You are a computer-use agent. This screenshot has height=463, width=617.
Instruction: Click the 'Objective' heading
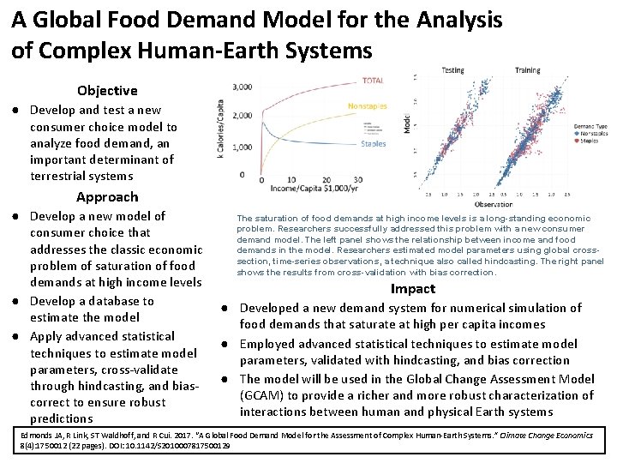(x=106, y=90)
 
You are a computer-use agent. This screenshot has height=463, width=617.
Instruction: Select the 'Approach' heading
(x=106, y=196)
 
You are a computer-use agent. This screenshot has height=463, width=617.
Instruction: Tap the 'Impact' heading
(x=413, y=289)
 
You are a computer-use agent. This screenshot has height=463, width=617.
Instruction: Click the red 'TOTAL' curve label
(x=373, y=81)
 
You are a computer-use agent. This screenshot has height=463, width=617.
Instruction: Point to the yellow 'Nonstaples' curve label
(x=367, y=106)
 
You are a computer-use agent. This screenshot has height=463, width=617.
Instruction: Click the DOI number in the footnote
(x=184, y=446)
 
